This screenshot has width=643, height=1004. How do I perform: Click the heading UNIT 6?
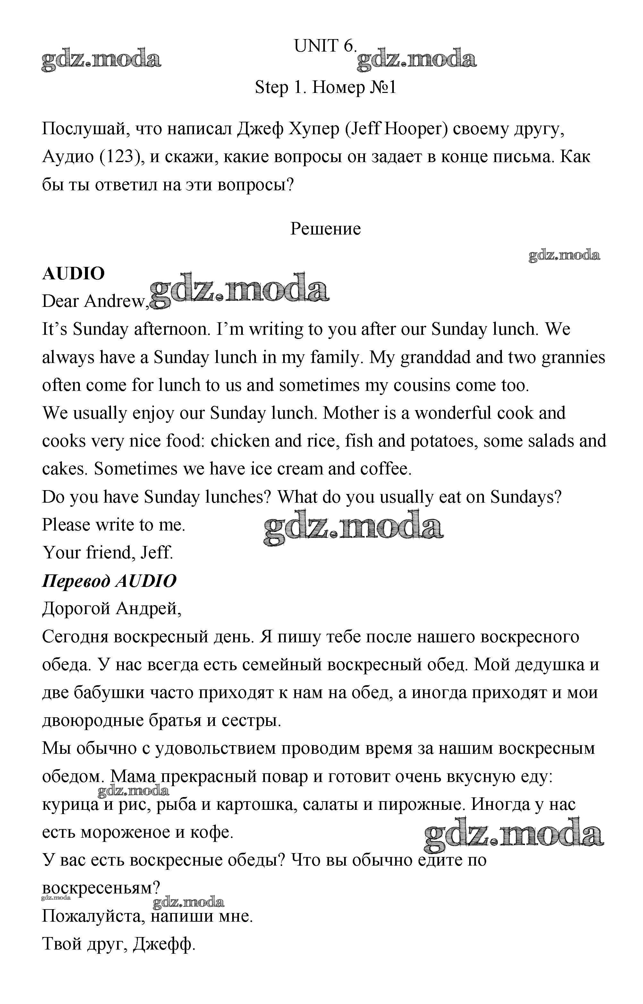(x=325, y=46)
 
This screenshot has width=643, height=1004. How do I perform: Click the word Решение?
(x=325, y=229)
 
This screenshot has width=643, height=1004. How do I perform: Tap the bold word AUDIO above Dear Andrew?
(x=73, y=274)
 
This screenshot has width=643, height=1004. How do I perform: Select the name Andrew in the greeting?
(x=116, y=301)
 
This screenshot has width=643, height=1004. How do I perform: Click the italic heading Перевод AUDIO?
(x=109, y=580)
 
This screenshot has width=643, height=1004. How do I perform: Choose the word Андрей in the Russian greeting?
(x=148, y=609)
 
